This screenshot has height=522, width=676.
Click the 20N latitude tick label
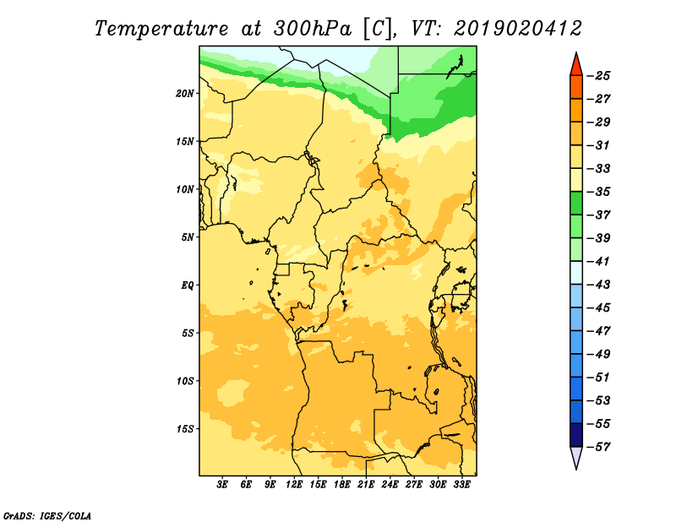point(184,94)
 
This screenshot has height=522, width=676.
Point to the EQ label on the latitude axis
point(188,285)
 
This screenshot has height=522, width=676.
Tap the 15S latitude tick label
point(184,429)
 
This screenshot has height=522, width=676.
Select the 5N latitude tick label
point(188,237)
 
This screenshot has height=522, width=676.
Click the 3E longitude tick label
point(222,485)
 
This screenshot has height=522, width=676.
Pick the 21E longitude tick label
point(366,485)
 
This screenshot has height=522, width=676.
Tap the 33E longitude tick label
point(461,485)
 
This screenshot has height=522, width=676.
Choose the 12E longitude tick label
point(294,485)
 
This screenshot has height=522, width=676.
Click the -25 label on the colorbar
point(599,76)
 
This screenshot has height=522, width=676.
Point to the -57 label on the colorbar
point(599,447)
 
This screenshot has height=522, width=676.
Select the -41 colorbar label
point(599,261)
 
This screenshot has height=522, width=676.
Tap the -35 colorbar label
point(599,192)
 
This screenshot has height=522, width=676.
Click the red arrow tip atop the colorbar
point(576,52)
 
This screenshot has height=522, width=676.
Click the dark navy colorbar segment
point(576,435)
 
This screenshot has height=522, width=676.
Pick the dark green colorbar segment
point(576,203)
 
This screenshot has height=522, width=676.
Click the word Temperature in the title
point(161,29)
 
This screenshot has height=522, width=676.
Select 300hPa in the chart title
point(313,29)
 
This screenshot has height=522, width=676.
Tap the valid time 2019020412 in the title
point(518,29)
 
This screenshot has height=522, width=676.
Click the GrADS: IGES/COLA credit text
point(47,516)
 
